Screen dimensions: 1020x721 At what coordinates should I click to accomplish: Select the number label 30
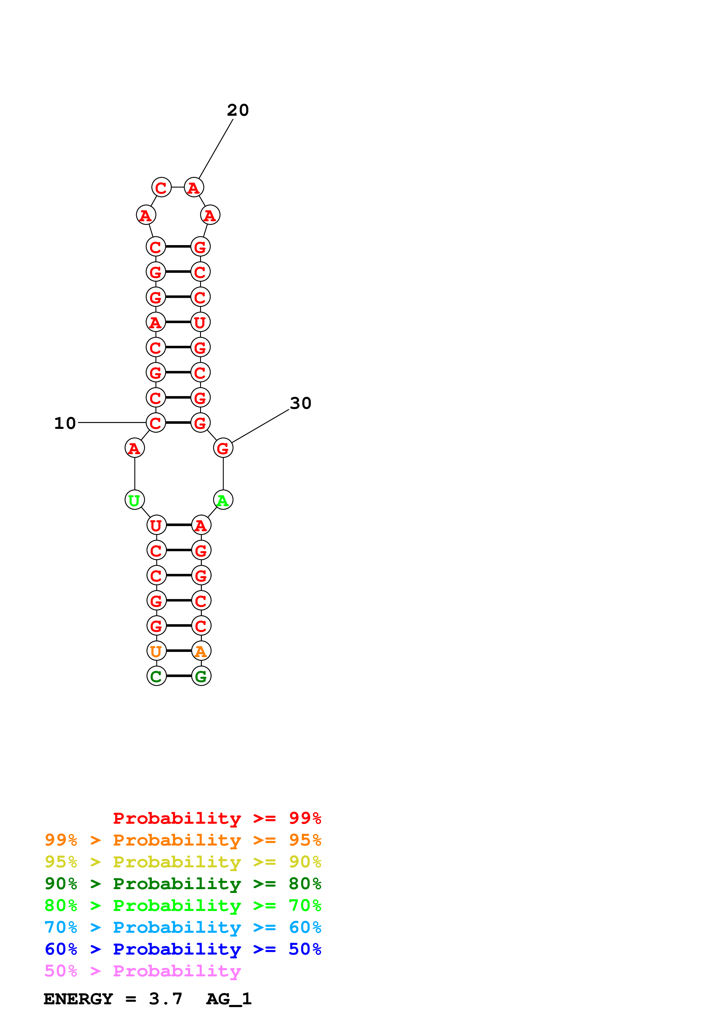[x=300, y=403]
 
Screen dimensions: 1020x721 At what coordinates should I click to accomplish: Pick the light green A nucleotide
[x=223, y=500]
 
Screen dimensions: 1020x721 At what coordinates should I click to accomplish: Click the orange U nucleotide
[x=156, y=651]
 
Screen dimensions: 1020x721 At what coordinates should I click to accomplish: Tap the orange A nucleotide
[x=201, y=651]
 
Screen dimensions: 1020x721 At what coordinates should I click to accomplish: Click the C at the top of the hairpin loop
[x=161, y=188]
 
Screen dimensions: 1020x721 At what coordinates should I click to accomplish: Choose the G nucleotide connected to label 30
[x=223, y=448]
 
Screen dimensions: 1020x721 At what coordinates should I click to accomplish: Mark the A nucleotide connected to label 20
[x=194, y=188]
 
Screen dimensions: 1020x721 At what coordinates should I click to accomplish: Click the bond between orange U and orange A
[x=179, y=651]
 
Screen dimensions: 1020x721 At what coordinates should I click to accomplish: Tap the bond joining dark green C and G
[x=179, y=676]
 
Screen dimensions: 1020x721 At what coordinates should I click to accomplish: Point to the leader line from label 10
[x=111, y=422]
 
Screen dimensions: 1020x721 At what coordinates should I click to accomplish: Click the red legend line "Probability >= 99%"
[x=217, y=818]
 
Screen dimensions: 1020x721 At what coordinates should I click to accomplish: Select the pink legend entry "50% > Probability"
[x=143, y=971]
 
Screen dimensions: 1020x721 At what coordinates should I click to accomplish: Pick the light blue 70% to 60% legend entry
[x=183, y=928]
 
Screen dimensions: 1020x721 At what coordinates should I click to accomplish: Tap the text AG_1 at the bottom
[x=229, y=999]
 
